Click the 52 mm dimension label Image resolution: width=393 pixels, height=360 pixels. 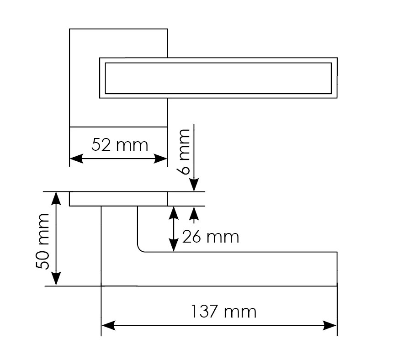click(x=120, y=145)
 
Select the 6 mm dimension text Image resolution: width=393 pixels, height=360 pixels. click(x=183, y=152)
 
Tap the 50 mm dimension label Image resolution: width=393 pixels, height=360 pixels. click(x=42, y=242)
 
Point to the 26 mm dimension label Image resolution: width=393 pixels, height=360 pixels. click(x=211, y=237)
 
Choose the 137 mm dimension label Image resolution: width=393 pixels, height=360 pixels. click(x=223, y=312)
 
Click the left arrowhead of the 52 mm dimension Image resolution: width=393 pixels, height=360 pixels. click(x=76, y=159)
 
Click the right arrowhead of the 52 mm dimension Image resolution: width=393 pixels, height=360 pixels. click(x=160, y=159)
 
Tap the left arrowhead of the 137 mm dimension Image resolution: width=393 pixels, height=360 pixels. click(x=108, y=326)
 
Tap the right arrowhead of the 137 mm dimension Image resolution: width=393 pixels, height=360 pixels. click(x=330, y=326)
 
